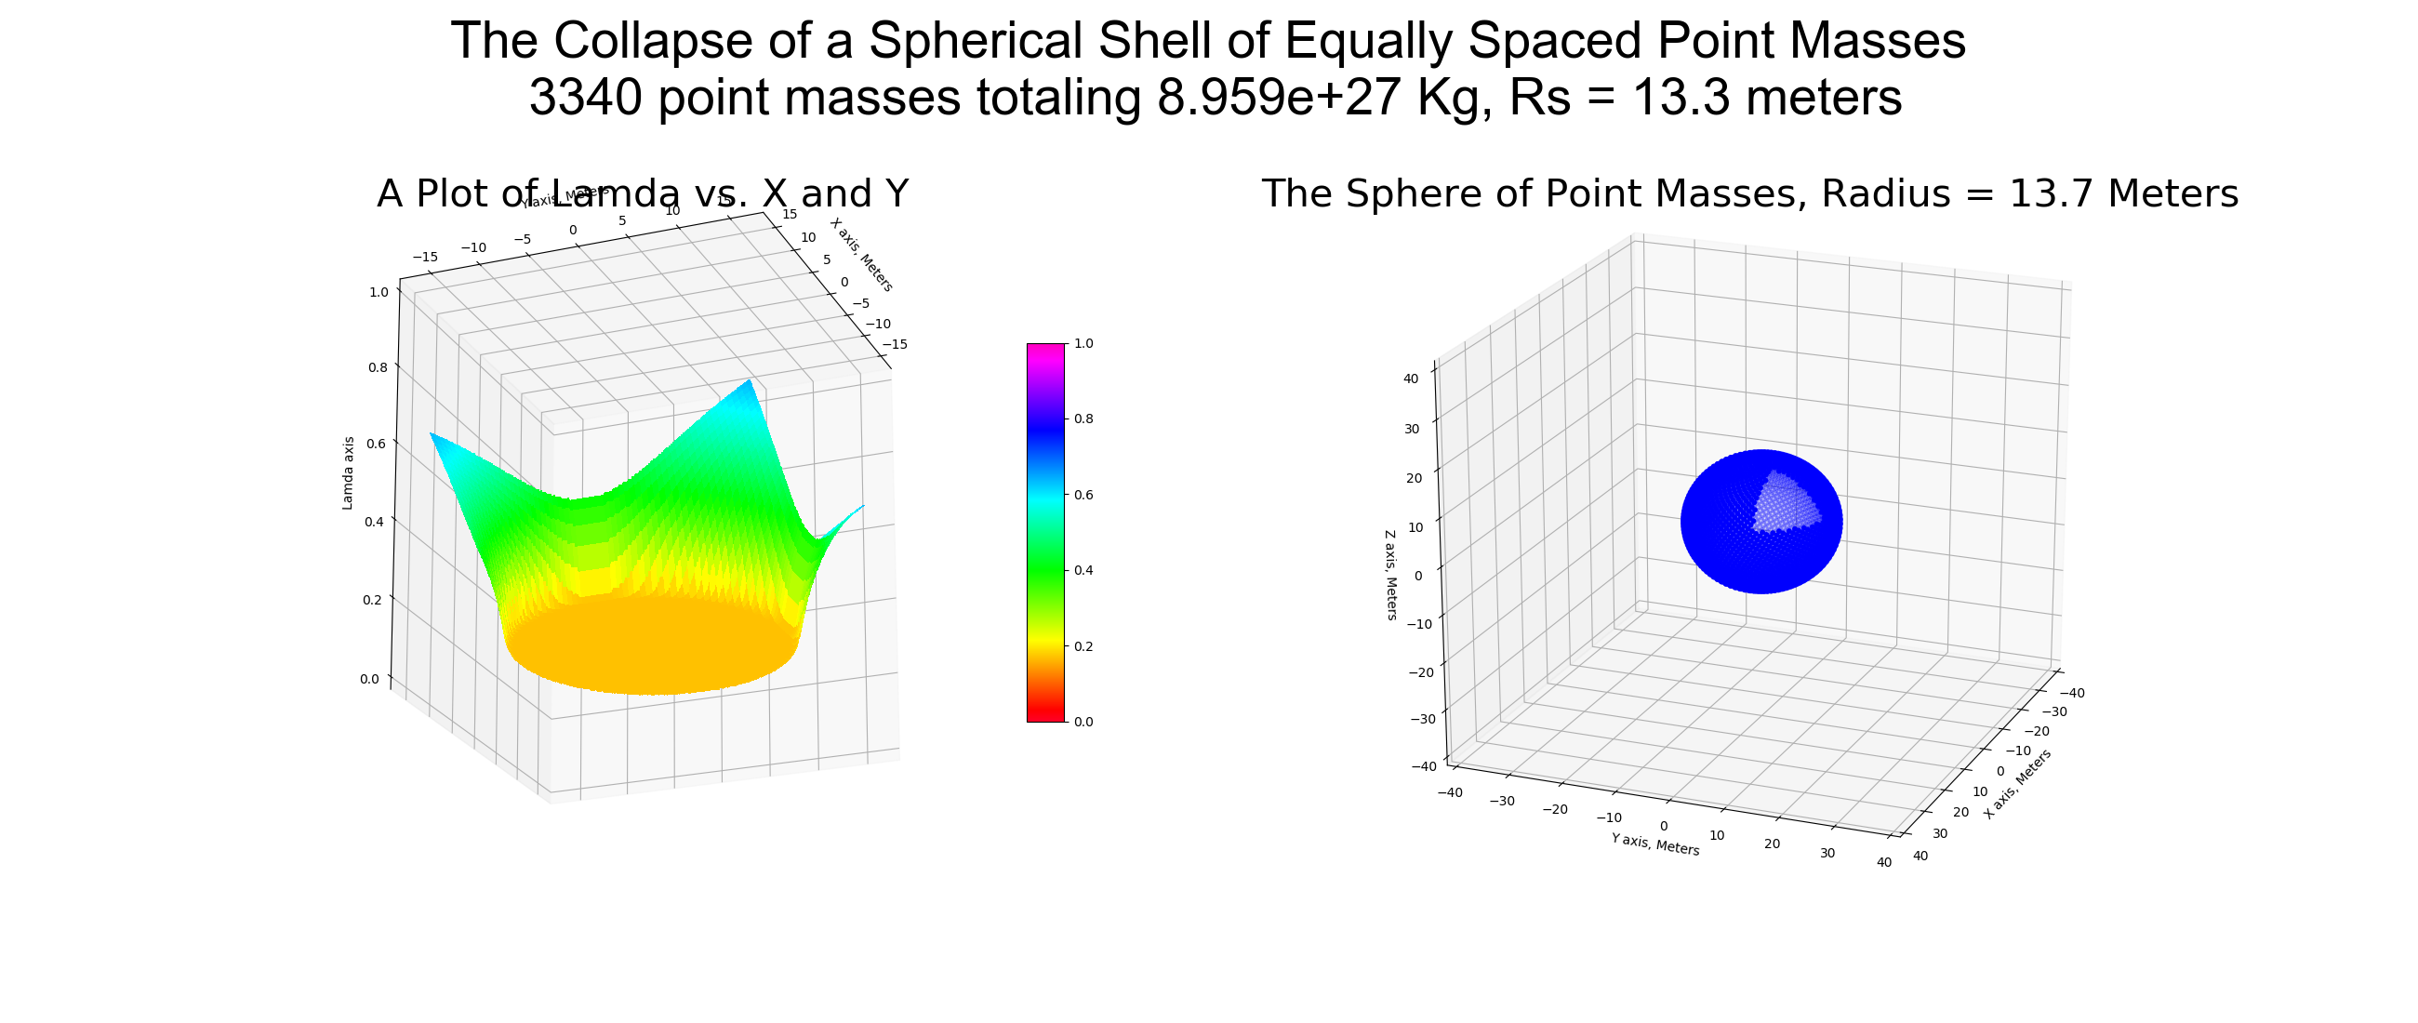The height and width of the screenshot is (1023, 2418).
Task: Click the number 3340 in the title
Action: pyautogui.click(x=592, y=97)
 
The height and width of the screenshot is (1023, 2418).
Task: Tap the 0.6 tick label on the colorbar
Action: pyautogui.click(x=1083, y=495)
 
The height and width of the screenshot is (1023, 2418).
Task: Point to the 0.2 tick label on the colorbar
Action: pyautogui.click(x=1083, y=646)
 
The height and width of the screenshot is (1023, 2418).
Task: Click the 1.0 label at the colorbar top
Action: pyautogui.click(x=1083, y=343)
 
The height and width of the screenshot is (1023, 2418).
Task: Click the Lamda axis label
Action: pyautogui.click(x=348, y=473)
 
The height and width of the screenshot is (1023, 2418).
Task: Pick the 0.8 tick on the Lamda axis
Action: pyautogui.click(x=378, y=367)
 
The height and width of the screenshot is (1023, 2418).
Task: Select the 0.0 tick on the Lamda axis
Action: pyautogui.click(x=369, y=679)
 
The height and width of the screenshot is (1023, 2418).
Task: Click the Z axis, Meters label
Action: pyautogui.click(x=1390, y=576)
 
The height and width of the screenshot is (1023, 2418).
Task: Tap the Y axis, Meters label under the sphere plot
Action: pyautogui.click(x=1654, y=844)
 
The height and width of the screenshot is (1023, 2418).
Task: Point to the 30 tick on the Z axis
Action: pyautogui.click(x=1411, y=429)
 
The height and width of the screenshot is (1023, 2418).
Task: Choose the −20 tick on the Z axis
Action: pyautogui.click(x=1422, y=672)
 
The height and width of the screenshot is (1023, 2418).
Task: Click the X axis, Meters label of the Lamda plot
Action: pyautogui.click(x=861, y=254)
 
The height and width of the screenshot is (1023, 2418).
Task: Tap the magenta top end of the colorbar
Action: pyautogui.click(x=1045, y=349)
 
